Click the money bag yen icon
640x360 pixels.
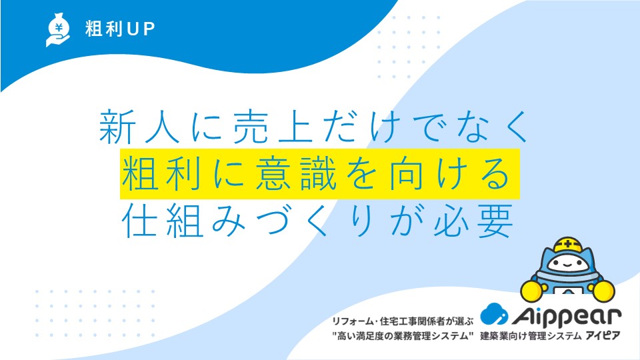point(58,30)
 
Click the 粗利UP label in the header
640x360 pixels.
point(120,29)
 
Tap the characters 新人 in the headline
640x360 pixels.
point(139,127)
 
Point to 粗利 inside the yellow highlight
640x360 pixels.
point(161,174)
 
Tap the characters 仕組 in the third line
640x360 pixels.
point(163,221)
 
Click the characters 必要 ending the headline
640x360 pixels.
point(474,221)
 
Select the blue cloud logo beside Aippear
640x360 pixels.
point(494,314)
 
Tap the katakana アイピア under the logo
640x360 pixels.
point(603,336)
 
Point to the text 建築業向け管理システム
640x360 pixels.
point(531,336)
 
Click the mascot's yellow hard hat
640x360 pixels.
point(568,245)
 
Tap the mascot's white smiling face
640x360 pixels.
point(568,264)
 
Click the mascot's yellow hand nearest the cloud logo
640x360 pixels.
point(532,290)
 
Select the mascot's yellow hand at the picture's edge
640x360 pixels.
point(603,291)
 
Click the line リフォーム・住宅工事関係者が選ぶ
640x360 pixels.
point(403,321)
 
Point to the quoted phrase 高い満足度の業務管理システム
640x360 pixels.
point(403,336)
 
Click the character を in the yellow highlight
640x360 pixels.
point(361,174)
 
